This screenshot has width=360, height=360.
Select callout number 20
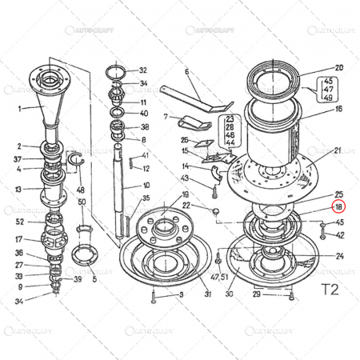click(338, 68)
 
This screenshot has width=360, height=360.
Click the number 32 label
click(143, 70)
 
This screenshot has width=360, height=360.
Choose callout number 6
click(186, 71)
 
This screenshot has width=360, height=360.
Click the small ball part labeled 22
click(214, 209)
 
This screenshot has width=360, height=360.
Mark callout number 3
click(181, 295)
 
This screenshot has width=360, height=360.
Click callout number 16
click(338, 109)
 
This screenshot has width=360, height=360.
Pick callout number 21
click(338, 150)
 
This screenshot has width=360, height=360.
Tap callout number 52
click(19, 222)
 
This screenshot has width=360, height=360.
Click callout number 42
click(340, 235)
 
